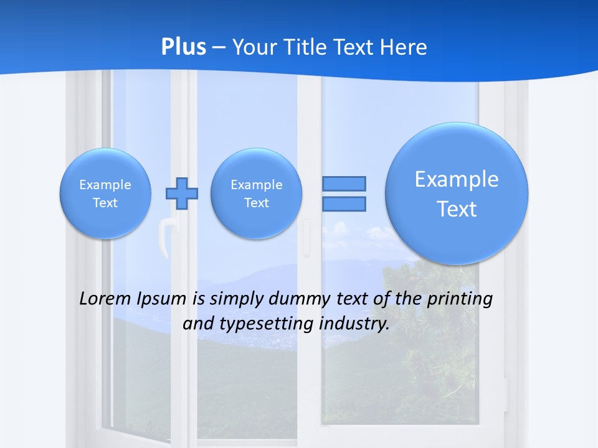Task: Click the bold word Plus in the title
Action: click(x=184, y=47)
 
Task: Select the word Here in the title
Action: click(x=406, y=47)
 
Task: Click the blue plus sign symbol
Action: click(x=181, y=194)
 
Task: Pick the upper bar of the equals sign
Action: click(x=344, y=184)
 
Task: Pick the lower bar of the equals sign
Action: click(x=344, y=204)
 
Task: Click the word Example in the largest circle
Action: click(x=457, y=179)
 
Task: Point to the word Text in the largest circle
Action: click(x=457, y=209)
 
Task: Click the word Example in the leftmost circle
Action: click(x=105, y=185)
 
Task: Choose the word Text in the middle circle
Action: click(x=256, y=203)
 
